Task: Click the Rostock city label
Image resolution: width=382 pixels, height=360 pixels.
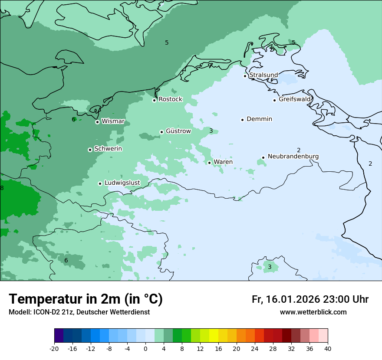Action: pyautogui.click(x=170, y=99)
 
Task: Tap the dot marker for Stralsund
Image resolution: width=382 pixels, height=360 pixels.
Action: pyautogui.click(x=245, y=76)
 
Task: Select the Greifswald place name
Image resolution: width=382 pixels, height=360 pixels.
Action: pyautogui.click(x=295, y=99)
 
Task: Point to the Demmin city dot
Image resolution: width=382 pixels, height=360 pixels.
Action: pyautogui.click(x=242, y=120)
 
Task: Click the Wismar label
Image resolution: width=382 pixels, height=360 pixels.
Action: pyautogui.click(x=113, y=121)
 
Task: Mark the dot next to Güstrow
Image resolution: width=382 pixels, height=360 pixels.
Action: pyautogui.click(x=161, y=132)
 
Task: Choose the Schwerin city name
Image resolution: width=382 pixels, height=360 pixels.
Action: pyautogui.click(x=108, y=149)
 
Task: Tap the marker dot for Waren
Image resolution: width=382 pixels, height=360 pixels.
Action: pyautogui.click(x=209, y=163)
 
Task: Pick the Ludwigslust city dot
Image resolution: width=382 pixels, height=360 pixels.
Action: pyautogui.click(x=100, y=183)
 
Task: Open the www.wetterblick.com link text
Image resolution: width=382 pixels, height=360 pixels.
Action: pyautogui.click(x=313, y=312)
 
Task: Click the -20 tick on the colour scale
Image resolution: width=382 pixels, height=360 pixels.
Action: pyautogui.click(x=54, y=348)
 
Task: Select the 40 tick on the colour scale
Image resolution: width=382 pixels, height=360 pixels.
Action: pyautogui.click(x=328, y=348)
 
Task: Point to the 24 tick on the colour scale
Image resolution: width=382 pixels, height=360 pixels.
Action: pyautogui.click(x=255, y=348)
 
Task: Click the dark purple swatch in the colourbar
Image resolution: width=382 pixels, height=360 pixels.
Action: pyautogui.click(x=59, y=336)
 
